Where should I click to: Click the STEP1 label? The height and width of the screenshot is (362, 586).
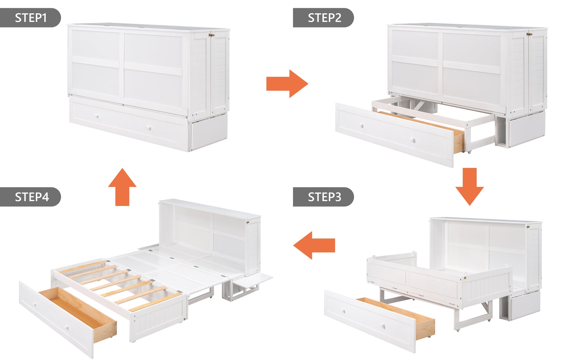pyautogui.click(x=30, y=18)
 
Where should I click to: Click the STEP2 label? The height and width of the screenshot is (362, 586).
pyautogui.click(x=324, y=18)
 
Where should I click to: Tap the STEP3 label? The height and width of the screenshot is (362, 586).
pyautogui.click(x=324, y=197)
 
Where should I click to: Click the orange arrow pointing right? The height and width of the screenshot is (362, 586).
pyautogui.click(x=287, y=84)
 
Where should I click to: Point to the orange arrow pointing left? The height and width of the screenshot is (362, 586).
pyautogui.click(x=314, y=245)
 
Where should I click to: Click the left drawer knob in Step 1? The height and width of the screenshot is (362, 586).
pyautogui.click(x=97, y=116)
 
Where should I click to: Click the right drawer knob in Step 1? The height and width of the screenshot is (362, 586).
pyautogui.click(x=149, y=128)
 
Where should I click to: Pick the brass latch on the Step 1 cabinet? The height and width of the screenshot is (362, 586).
pyautogui.click(x=212, y=35)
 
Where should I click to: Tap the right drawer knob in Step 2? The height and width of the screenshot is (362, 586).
pyautogui.click(x=413, y=140)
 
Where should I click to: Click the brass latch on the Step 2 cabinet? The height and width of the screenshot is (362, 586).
pyautogui.click(x=529, y=34)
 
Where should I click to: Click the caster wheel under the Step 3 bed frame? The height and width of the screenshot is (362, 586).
pyautogui.click(x=458, y=330)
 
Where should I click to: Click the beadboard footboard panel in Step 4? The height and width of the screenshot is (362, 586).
pyautogui.click(x=160, y=319)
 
